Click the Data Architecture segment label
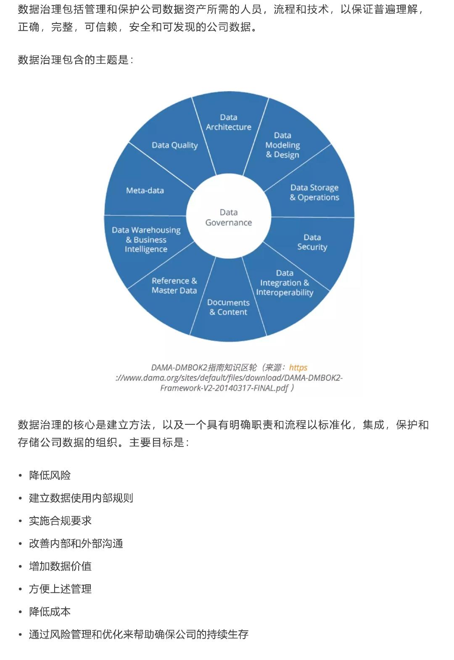(x=228, y=122)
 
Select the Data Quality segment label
(x=174, y=145)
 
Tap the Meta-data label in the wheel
(x=145, y=191)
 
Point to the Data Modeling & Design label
(x=282, y=145)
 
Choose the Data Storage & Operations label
(x=314, y=192)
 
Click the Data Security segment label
(x=312, y=242)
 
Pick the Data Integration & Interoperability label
(x=285, y=283)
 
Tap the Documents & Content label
(x=228, y=307)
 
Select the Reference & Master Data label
(x=174, y=286)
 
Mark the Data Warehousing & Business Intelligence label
(x=146, y=239)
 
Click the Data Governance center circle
(x=229, y=218)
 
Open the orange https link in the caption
(x=298, y=368)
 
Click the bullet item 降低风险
(x=50, y=476)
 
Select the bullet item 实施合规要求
(x=60, y=521)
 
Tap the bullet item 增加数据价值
(x=60, y=566)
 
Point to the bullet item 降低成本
(x=50, y=612)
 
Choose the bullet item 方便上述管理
(x=60, y=589)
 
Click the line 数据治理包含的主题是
(x=75, y=60)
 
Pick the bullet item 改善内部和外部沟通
(x=76, y=544)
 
